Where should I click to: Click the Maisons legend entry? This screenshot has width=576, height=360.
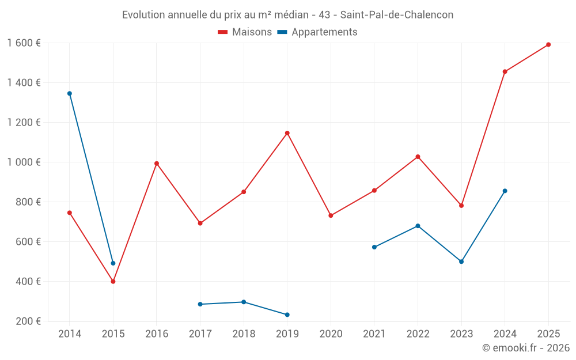(245, 32)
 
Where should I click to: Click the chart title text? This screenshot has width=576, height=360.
(287, 15)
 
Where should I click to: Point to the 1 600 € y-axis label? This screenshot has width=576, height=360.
(24, 43)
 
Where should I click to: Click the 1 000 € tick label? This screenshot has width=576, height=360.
(24, 162)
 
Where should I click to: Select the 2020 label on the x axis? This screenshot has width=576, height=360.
(331, 334)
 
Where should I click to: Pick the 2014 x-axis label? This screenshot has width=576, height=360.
(70, 334)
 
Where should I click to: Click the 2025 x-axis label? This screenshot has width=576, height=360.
(548, 334)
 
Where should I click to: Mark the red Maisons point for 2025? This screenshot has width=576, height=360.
(548, 44)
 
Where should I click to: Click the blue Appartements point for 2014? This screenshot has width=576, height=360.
(70, 93)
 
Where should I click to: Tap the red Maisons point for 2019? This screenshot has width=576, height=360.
(287, 133)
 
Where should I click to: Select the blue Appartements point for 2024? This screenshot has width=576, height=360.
(505, 191)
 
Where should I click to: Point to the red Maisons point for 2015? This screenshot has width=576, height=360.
(113, 282)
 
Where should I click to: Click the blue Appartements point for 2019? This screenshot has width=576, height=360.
(287, 314)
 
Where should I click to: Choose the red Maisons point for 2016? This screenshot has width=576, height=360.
(157, 164)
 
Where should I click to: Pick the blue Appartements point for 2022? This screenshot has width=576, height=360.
(418, 226)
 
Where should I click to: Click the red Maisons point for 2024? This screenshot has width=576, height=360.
(505, 72)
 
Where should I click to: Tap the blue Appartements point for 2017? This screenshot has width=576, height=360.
(200, 304)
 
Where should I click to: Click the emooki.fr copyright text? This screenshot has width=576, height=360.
(525, 348)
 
